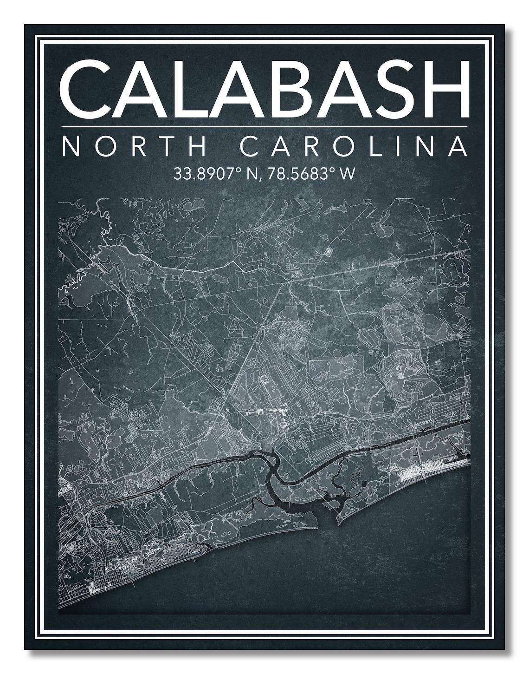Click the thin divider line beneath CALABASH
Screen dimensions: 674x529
point(264,126)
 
